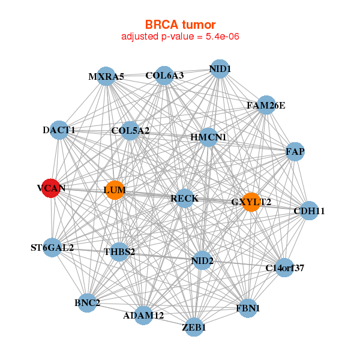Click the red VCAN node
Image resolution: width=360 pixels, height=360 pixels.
pyautogui.click(x=52, y=188)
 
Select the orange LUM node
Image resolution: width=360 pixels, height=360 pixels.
pyautogui.click(x=115, y=190)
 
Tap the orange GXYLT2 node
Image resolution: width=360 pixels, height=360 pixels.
pyautogui.click(x=251, y=202)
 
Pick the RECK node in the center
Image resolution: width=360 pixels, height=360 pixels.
pyautogui.click(x=184, y=199)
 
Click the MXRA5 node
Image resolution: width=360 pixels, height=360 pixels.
pyautogui.click(x=106, y=76)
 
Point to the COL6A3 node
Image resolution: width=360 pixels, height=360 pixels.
pyautogui.click(x=164, y=76)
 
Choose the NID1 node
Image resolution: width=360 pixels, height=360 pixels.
pyautogui.click(x=220, y=69)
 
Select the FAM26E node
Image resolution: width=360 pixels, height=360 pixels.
pyautogui.click(x=266, y=106)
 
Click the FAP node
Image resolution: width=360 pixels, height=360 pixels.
pyautogui.click(x=295, y=151)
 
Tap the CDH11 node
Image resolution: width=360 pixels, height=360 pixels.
pyautogui.click(x=309, y=211)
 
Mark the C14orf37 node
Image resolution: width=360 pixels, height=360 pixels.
pyautogui.click(x=285, y=268)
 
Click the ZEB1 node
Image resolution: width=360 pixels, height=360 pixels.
pyautogui.click(x=194, y=327)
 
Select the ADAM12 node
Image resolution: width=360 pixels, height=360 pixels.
pyautogui.click(x=143, y=315)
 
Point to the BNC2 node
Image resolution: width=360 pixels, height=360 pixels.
pyautogui.click(x=88, y=303)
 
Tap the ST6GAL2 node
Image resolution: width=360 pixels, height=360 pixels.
pyautogui.click(x=53, y=247)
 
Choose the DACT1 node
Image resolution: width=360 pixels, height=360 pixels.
pyautogui.click(x=59, y=130)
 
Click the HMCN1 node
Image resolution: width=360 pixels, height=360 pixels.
pyautogui.click(x=208, y=137)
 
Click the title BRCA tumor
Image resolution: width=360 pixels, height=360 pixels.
pyautogui.click(x=180, y=25)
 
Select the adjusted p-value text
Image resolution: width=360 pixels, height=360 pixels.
pyautogui.click(x=180, y=37)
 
